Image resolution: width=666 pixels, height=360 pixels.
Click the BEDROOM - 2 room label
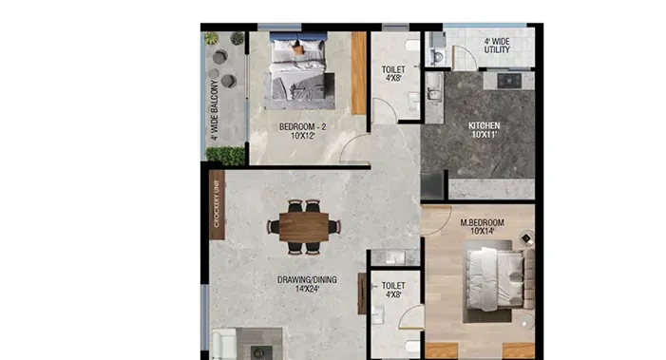(302, 126)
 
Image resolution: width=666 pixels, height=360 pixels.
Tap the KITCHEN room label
(485, 125)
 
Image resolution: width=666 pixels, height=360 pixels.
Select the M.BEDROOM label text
(482, 222)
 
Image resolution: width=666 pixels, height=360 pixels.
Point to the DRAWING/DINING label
(307, 280)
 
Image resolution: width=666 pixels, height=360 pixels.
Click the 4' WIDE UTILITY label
(497, 46)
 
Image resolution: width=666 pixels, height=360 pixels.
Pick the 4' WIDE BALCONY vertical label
(215, 110)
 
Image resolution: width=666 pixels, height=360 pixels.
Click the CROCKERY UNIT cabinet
(217, 205)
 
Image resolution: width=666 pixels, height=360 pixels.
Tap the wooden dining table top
(304, 228)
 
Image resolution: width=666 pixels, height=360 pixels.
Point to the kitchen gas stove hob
(509, 81)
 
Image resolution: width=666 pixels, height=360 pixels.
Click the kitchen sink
(433, 86)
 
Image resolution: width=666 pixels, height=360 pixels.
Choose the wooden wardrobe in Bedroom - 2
(359, 73)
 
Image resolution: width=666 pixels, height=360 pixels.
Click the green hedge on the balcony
(225, 156)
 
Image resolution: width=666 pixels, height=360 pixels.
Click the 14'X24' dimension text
(307, 289)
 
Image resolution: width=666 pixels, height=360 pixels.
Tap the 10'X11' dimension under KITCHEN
(485, 135)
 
